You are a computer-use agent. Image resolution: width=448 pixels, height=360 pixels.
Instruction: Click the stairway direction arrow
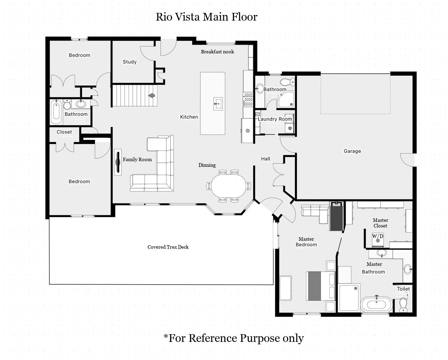coord(151,96)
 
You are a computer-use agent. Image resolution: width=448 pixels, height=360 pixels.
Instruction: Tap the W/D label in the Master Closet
coord(378,236)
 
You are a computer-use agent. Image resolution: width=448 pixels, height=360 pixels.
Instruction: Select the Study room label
coord(130,62)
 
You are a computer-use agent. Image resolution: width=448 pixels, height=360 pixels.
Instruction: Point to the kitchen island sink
coord(218,104)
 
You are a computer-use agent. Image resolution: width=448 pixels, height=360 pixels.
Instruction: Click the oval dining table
coord(229,186)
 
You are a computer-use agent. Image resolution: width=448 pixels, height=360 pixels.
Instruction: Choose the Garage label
coord(352,151)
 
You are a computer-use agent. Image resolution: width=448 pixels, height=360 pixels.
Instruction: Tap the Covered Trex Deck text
coord(168,247)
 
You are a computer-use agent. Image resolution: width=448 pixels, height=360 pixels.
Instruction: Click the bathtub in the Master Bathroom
coord(376,305)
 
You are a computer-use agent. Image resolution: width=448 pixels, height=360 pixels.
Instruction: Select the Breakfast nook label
coord(217,52)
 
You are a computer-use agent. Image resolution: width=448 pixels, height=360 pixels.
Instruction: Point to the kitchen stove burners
coord(248,99)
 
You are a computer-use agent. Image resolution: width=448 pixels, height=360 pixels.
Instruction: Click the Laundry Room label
coord(275,119)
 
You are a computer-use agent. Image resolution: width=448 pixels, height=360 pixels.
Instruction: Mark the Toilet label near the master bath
coord(403,289)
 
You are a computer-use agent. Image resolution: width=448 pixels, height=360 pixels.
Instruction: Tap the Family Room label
coord(137,159)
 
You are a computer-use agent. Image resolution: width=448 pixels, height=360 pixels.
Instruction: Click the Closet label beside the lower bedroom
coord(64,132)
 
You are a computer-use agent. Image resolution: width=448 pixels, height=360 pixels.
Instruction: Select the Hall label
coord(266,159)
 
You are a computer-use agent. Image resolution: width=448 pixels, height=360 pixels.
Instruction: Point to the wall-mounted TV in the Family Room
coord(118,162)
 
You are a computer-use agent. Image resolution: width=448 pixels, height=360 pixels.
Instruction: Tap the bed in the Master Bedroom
coord(321,286)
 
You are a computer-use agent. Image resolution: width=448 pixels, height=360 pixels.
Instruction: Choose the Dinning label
coord(207,165)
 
